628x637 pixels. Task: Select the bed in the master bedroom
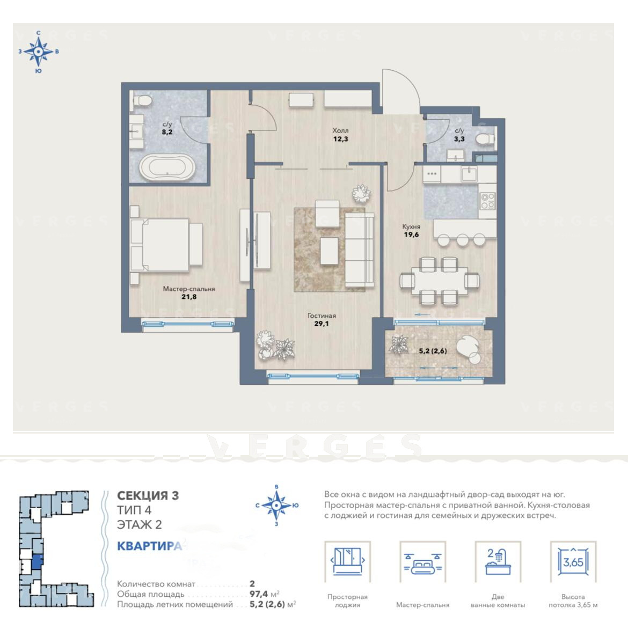166,245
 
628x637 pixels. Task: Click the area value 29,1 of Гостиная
322,324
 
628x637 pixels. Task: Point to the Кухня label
411,226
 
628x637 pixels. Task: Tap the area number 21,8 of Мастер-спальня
189,297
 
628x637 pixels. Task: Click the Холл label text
340,130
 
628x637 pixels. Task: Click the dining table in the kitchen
439,280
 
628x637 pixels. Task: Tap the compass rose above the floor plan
38,52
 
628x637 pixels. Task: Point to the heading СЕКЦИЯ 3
148,496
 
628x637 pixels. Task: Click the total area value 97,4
260,595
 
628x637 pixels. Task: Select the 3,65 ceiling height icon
573,562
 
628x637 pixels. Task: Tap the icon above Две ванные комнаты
498,562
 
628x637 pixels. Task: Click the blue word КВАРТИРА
149,546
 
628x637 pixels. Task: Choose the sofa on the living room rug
360,251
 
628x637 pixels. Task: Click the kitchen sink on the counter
470,174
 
